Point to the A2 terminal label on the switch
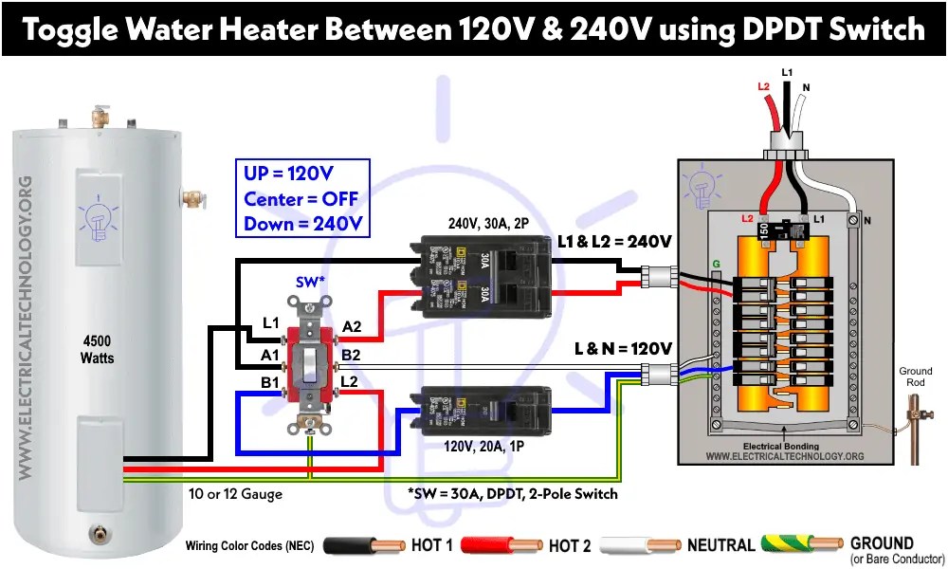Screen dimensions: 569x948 point(352,326)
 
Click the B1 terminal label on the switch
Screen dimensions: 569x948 point(268,382)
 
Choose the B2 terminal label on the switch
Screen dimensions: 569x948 point(352,355)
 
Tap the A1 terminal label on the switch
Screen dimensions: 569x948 point(268,355)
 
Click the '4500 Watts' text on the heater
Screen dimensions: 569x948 point(98,348)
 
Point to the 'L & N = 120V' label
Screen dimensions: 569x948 point(623,348)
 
